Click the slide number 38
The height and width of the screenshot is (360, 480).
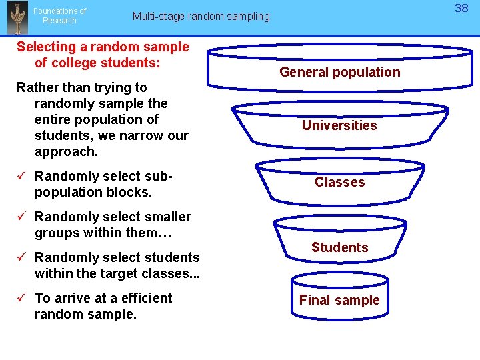click(x=461, y=8)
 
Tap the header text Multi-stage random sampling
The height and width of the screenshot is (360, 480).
click(x=201, y=16)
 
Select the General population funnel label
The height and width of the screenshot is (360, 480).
click(x=339, y=72)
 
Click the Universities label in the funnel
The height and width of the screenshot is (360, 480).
click(x=339, y=125)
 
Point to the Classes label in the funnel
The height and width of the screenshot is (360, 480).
click(x=339, y=182)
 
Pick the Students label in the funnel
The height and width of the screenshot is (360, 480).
click(x=339, y=247)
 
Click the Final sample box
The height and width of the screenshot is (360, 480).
click(x=339, y=300)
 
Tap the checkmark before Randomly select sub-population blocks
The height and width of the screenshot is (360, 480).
click(x=22, y=176)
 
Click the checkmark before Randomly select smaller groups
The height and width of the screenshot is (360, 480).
click(x=22, y=217)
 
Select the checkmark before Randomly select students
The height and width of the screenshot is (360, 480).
click(x=22, y=257)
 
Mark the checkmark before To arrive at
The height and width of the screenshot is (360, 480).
click(x=22, y=298)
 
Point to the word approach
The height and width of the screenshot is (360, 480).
click(x=66, y=152)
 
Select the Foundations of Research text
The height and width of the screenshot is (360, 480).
click(x=59, y=16)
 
